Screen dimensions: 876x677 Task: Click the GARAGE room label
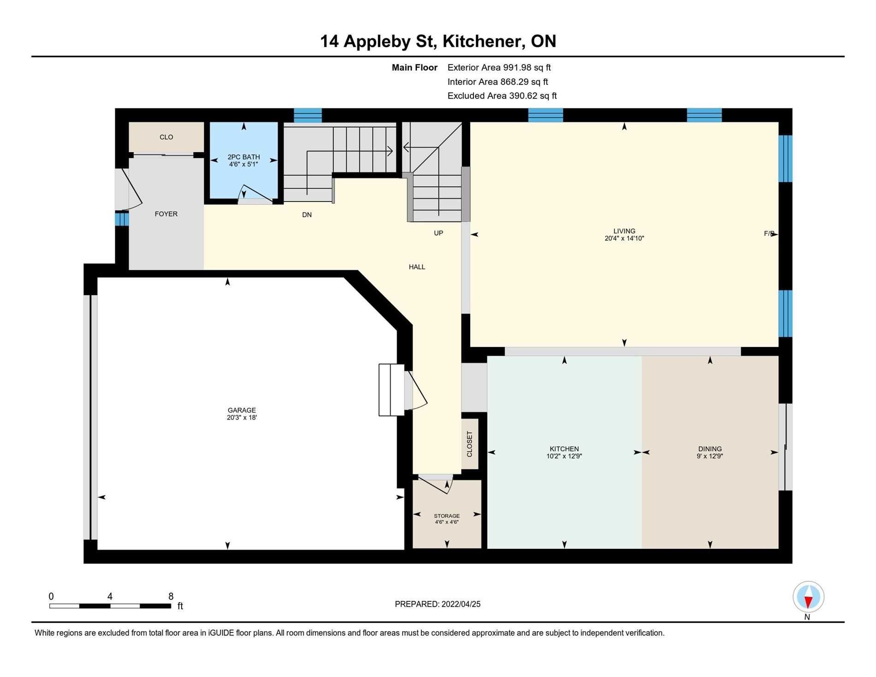pos(242,410)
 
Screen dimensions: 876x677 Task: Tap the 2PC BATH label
pos(243,157)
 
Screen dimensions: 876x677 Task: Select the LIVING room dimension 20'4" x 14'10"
pos(624,238)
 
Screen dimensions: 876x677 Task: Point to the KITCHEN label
pos(564,449)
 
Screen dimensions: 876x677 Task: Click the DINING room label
pos(710,449)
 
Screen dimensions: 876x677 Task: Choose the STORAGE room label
pos(447,516)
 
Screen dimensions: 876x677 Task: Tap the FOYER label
pos(166,214)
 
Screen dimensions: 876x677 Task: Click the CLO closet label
pos(166,137)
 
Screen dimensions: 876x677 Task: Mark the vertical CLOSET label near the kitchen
pos(470,444)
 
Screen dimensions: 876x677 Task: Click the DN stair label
pos(307,214)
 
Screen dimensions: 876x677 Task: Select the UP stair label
pos(438,233)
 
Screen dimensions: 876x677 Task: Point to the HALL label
pos(417,267)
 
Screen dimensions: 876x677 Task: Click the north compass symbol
pos(808,597)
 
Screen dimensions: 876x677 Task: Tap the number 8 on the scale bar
pos(171,596)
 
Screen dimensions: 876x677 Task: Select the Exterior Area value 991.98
pos(517,67)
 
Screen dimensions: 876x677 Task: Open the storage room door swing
pos(436,484)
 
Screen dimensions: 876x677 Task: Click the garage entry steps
pos(391,390)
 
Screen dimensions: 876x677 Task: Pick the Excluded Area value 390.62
pos(523,95)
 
